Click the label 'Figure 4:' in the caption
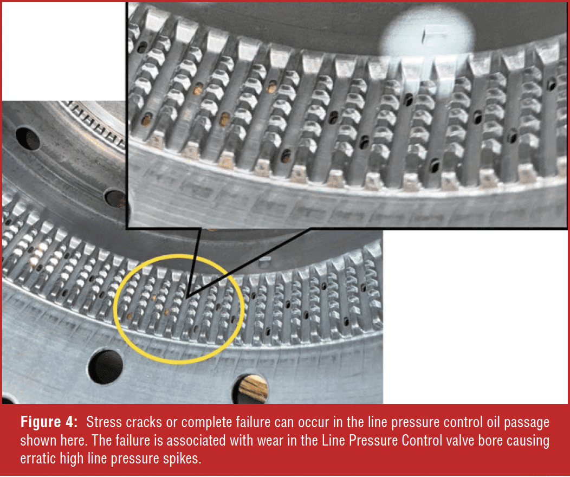click(49, 422)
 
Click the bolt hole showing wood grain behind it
click(251, 390)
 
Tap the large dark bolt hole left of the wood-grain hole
click(106, 367)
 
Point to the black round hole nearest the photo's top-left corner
click(28, 139)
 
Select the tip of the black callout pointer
click(186, 298)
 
